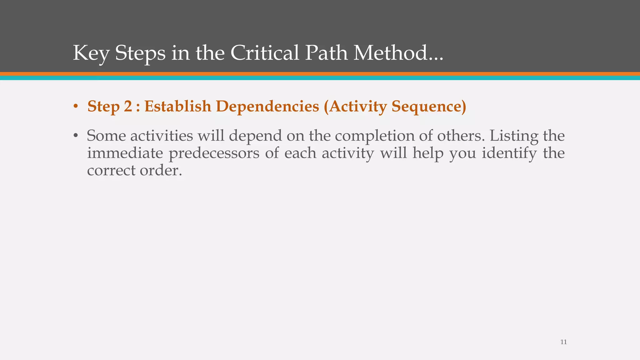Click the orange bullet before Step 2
coord(75,107)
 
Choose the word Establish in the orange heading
coord(177,106)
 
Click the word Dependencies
coord(267,107)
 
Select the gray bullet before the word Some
coord(75,136)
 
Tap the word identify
coord(509,153)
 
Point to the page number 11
coord(563,342)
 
